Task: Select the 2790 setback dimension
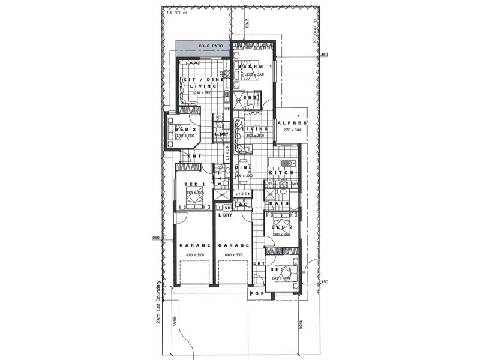coord(247,25)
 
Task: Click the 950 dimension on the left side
coord(157,238)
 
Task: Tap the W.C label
coord(243,205)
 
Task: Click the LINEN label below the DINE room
coord(242,194)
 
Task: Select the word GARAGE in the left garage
coord(193,246)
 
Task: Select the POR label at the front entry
coord(259,294)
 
